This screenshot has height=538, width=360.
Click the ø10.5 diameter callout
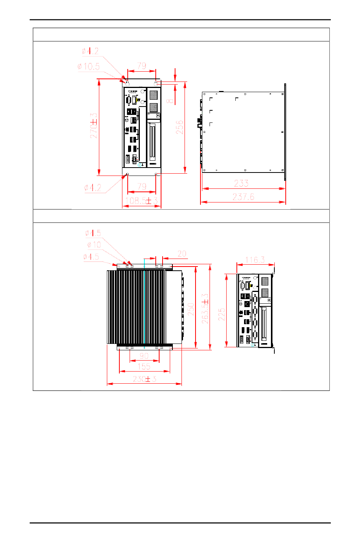pyautogui.click(x=89, y=67)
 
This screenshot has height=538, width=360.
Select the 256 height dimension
pyautogui.click(x=180, y=127)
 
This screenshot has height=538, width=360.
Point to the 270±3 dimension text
pyautogui.click(x=94, y=125)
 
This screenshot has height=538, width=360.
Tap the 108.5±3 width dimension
pyautogui.click(x=141, y=201)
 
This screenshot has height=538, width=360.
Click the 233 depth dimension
pyautogui.click(x=241, y=184)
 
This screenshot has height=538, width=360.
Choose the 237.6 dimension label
pyautogui.click(x=243, y=197)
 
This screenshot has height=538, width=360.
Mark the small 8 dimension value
pyautogui.click(x=170, y=101)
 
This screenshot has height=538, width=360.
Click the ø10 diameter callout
pyautogui.click(x=94, y=245)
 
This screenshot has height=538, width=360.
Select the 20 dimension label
pyautogui.click(x=182, y=254)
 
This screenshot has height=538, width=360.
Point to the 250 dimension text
pyautogui.click(x=191, y=309)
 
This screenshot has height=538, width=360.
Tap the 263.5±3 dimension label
pyautogui.click(x=205, y=309)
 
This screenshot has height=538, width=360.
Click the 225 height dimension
pyautogui.click(x=222, y=314)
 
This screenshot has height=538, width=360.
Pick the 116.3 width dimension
pyautogui.click(x=255, y=260)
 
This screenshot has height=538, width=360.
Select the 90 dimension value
pyautogui.click(x=144, y=356)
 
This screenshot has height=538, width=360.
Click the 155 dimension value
pyautogui.click(x=144, y=366)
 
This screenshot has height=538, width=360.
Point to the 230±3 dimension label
pyautogui.click(x=144, y=379)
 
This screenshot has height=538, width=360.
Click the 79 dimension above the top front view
pyautogui.click(x=142, y=66)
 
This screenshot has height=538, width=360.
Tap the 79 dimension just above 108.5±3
pyautogui.click(x=142, y=187)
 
